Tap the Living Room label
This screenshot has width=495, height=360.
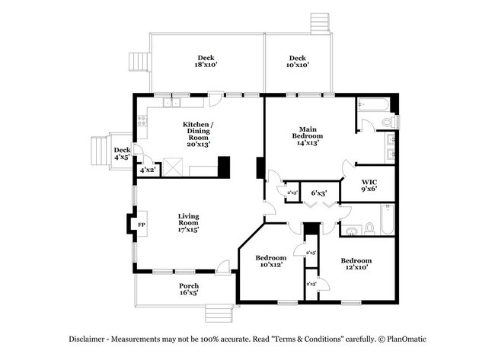(188, 222)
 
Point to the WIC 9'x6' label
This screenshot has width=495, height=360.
(369, 185)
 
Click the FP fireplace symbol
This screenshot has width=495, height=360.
(141, 225)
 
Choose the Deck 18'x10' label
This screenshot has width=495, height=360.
(206, 61)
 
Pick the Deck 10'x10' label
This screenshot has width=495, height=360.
(297, 61)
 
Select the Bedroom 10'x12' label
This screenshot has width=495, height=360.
(270, 260)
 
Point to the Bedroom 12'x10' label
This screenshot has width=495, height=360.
(356, 264)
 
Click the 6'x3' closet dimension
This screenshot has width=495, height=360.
(319, 193)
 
